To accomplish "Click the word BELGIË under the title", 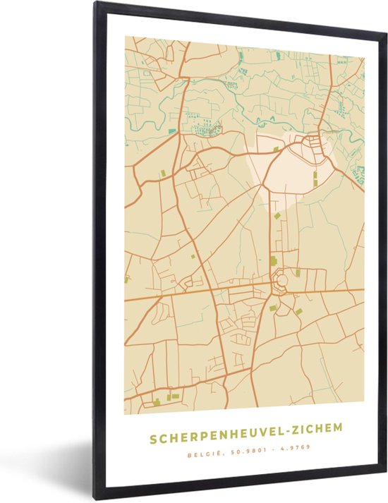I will (201, 446).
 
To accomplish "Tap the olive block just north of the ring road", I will (274, 261).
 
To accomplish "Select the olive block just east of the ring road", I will (298, 273).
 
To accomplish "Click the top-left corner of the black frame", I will (95, 4).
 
